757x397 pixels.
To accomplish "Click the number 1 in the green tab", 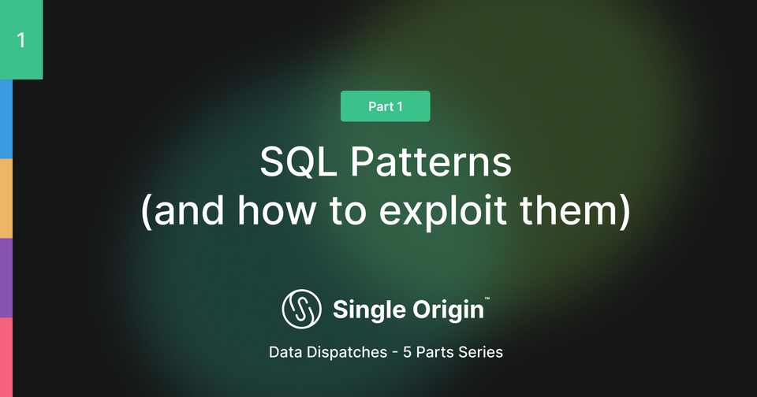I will point(21,39).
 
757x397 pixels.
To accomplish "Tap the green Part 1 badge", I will point(385,106).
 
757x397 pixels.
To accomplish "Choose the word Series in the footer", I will point(481,352).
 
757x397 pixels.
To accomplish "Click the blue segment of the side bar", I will point(6,119).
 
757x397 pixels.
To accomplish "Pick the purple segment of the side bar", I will point(6,278).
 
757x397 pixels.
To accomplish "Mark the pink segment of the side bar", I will point(6,357).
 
